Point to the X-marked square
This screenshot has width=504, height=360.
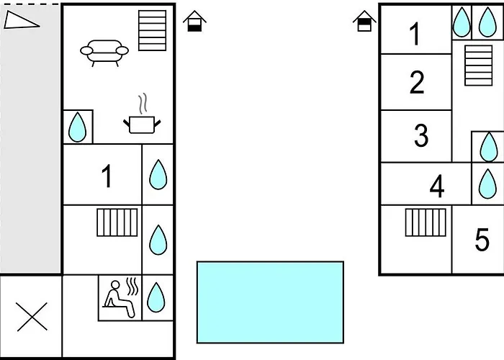point(31,317)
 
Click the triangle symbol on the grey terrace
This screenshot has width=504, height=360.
point(21,20)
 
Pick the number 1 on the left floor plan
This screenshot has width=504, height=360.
point(107,176)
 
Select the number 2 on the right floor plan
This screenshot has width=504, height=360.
point(417,83)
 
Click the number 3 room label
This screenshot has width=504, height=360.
point(421,135)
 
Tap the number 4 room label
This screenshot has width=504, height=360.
point(436,187)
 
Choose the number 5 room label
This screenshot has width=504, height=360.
point(482,240)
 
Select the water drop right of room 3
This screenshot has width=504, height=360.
point(488,146)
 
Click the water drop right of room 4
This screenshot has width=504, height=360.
point(488,184)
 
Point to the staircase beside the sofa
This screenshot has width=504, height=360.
point(152,30)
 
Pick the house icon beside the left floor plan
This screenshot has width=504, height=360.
point(193,22)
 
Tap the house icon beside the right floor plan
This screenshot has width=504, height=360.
point(365,22)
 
